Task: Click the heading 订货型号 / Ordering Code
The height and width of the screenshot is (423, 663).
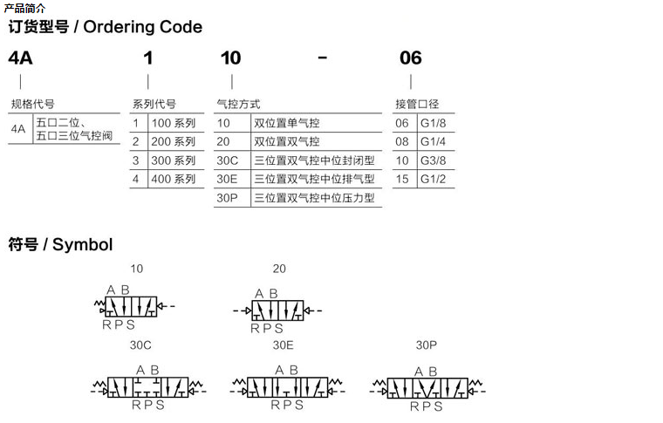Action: tap(105, 27)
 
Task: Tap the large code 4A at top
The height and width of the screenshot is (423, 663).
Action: tap(19, 58)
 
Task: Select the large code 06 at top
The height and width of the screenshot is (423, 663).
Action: tap(410, 58)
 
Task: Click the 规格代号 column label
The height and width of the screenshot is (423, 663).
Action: tap(32, 105)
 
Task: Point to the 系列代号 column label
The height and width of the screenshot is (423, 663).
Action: tap(154, 105)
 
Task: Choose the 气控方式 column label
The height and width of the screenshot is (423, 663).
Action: tap(238, 105)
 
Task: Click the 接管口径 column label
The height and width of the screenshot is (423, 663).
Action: tap(418, 105)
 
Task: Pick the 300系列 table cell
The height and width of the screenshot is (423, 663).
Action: tap(173, 160)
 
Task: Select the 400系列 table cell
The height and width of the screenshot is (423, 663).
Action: tap(173, 180)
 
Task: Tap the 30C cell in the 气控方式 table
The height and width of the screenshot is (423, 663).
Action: tap(227, 160)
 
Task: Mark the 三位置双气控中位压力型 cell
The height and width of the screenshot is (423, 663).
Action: tap(313, 199)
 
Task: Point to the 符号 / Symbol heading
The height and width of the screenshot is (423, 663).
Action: tap(60, 245)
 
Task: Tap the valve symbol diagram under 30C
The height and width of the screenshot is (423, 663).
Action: tap(147, 386)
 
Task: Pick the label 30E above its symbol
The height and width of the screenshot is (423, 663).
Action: tap(283, 345)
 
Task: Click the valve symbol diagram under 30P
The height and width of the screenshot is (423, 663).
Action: tap(426, 386)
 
